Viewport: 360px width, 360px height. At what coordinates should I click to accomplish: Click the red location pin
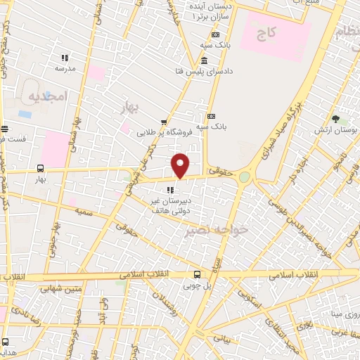pyautogui.click(x=181, y=165)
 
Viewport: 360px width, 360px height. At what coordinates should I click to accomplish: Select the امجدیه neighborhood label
pyautogui.click(x=48, y=96)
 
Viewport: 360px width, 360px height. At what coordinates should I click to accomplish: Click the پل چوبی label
pyautogui.click(x=196, y=285)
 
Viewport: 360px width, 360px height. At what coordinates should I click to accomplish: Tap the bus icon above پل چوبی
pyautogui.click(x=196, y=275)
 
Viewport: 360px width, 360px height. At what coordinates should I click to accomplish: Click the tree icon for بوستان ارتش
pyautogui.click(x=336, y=119)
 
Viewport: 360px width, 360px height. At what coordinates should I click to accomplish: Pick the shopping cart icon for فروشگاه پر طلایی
pyautogui.click(x=164, y=121)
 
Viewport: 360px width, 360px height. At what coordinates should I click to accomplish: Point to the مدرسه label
pyautogui.click(x=65, y=69)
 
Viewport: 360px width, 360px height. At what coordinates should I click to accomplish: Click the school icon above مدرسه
pyautogui.click(x=65, y=58)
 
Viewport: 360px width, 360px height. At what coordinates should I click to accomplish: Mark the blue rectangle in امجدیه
pyautogui.click(x=25, y=114)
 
